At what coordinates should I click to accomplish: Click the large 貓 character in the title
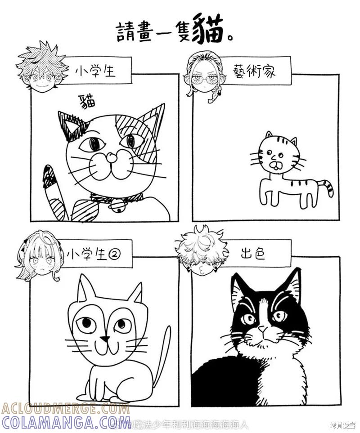coord(207,30)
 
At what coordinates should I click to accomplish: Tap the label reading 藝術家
coord(254,71)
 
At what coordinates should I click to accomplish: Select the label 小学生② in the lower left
coord(93,255)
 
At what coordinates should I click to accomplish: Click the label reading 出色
coord(252,254)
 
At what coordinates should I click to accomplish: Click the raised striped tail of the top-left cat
coord(53,191)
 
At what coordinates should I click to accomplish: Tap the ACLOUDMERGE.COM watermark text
coord(65,408)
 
